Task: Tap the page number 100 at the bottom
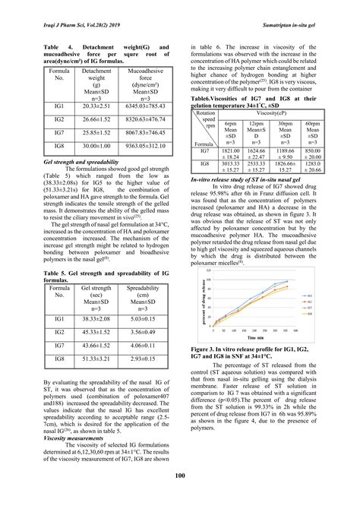(x=179, y=476)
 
